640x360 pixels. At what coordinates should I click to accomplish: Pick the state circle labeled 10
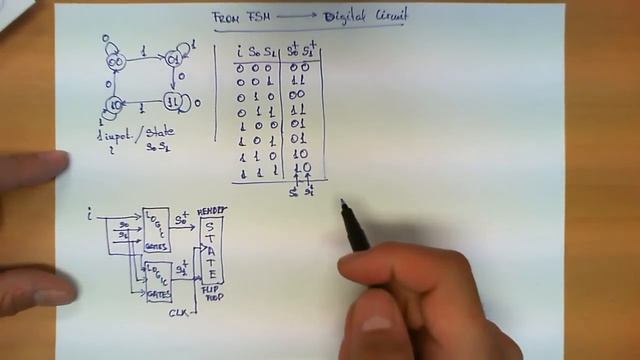pyautogui.click(x=114, y=103)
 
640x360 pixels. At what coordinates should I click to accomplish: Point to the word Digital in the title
pyautogui.click(x=345, y=17)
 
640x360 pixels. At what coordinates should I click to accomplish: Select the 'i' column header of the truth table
pyautogui.click(x=240, y=51)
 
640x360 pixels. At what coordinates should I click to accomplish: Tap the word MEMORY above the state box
pyautogui.click(x=212, y=211)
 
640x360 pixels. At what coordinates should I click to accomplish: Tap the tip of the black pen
pyautogui.click(x=342, y=203)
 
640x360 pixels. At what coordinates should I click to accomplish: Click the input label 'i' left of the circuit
pyautogui.click(x=92, y=213)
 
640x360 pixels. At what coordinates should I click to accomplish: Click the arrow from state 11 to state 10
pyautogui.click(x=143, y=104)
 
